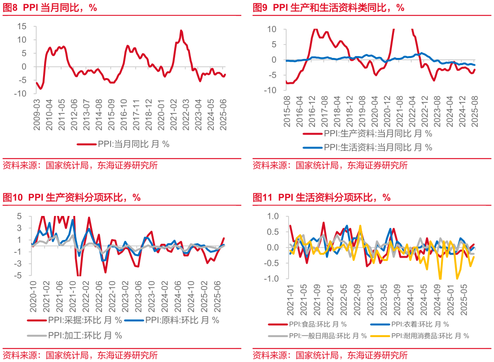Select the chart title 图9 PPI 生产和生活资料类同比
(x=328, y=8)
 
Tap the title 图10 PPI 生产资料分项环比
(x=72, y=197)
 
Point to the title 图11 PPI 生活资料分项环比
(x=321, y=197)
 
